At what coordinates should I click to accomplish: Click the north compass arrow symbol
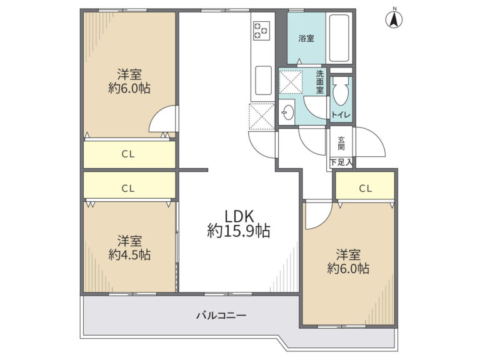coord(394,19)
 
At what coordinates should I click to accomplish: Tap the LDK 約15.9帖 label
coord(239,224)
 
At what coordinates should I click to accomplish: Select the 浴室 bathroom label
coord(306,38)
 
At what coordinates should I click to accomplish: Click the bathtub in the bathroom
coord(339,38)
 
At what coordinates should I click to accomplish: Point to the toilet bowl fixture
coord(341,91)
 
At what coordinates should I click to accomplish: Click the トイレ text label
coord(341,115)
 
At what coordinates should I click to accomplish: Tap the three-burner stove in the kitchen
coord(261,31)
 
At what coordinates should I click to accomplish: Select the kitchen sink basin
coord(263,81)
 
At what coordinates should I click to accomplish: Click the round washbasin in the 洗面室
coord(288,112)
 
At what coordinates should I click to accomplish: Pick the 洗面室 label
coord(319,82)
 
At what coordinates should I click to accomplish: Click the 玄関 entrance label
coord(341,143)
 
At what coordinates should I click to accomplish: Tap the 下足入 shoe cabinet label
coord(341,162)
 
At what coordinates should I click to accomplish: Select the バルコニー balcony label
coord(221,315)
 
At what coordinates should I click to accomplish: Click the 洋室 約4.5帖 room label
coord(129,247)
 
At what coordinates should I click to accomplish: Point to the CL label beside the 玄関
coord(365,188)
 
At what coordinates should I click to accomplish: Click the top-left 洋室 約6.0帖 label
coord(129,81)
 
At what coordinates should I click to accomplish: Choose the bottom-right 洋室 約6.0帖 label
coord(348,261)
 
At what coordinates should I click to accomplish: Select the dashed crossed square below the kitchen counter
coord(262,116)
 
